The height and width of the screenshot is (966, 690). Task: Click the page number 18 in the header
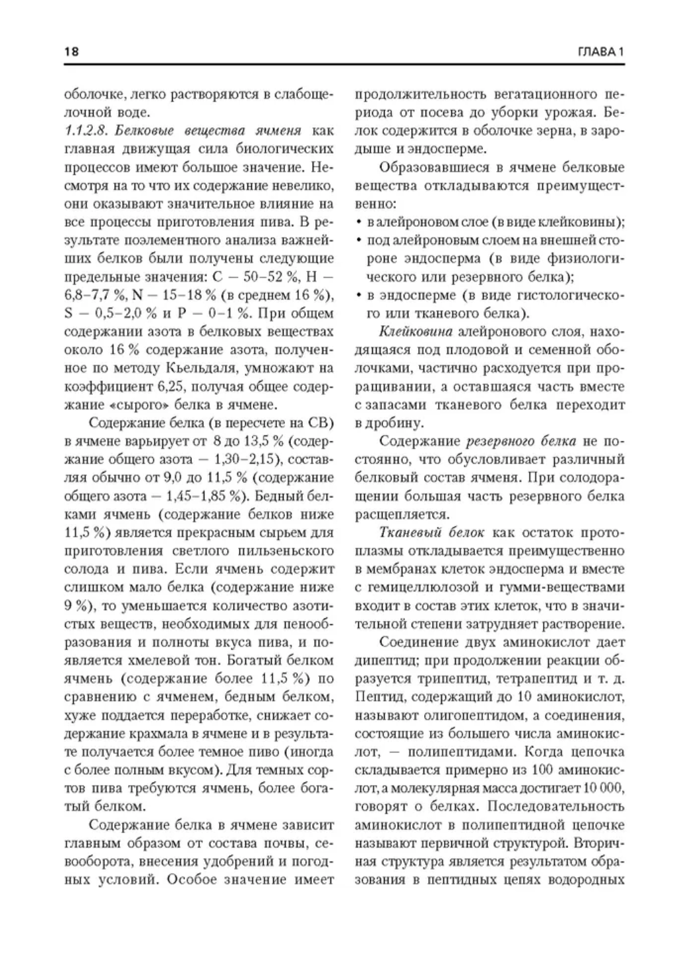tap(71, 52)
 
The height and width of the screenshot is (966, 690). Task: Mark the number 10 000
tap(602, 787)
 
